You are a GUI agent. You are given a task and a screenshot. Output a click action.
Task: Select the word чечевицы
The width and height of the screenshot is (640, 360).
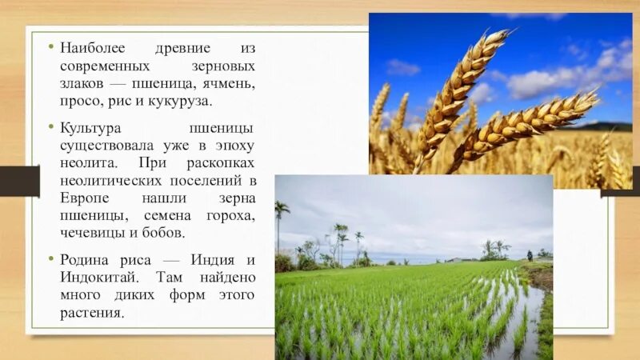[x=90, y=234]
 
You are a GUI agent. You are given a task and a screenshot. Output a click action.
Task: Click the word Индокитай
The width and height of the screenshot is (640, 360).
[x=95, y=277]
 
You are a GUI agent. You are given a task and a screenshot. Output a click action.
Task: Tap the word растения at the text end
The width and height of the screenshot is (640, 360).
[x=92, y=312]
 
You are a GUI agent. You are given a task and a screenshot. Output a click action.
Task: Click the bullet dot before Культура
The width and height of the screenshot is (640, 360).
[x=50, y=128]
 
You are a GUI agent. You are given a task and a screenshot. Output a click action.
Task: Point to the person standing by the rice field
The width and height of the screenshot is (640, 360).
[x=529, y=255]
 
